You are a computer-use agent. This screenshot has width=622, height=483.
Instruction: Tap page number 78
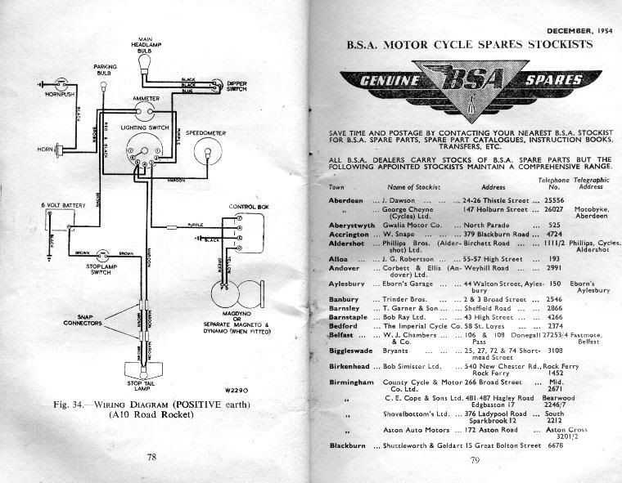click(151, 457)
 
